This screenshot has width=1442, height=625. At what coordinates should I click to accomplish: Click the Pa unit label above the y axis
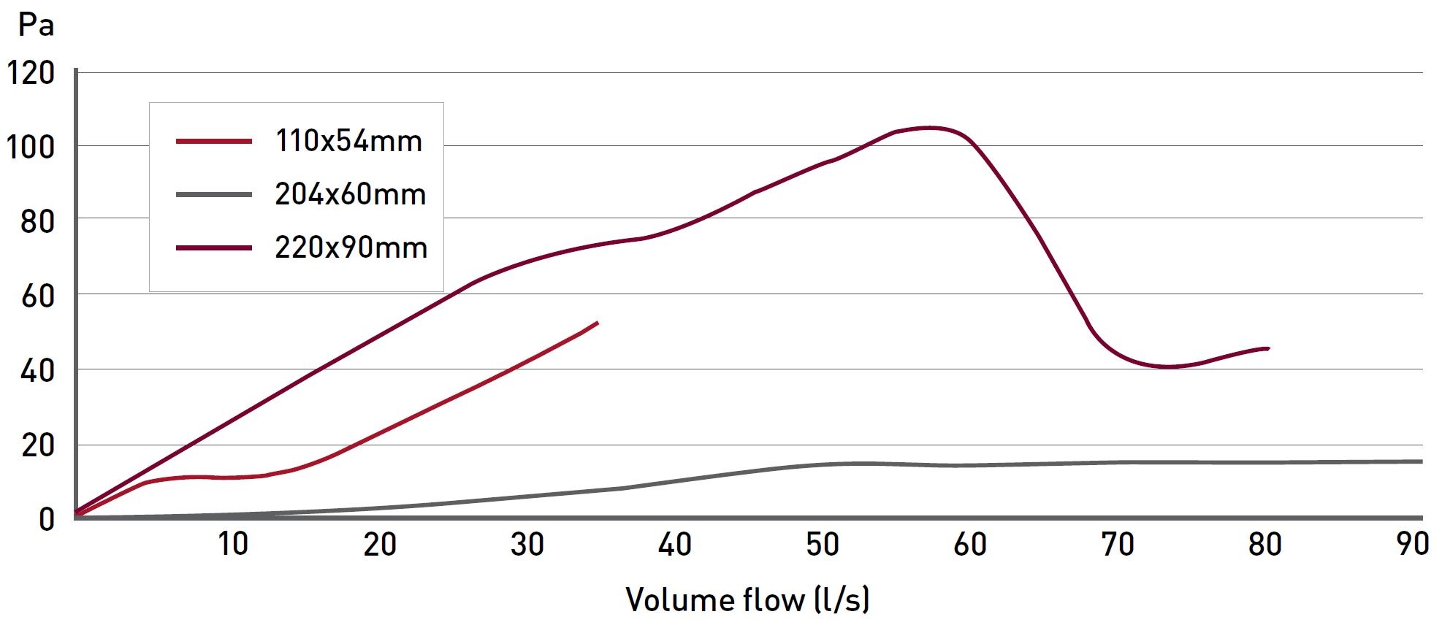(x=36, y=26)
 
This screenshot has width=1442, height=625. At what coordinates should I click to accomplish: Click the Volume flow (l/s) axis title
(x=747, y=599)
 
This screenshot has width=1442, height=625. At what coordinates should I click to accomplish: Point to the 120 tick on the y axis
(x=31, y=73)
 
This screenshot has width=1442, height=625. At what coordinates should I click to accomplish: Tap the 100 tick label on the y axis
(x=31, y=147)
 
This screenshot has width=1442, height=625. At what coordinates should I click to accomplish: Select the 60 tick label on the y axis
(x=38, y=296)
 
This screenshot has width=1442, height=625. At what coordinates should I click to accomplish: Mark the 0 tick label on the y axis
(x=47, y=519)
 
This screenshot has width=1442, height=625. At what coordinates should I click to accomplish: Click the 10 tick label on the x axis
(x=233, y=545)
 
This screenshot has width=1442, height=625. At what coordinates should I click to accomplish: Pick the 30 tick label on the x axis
(x=527, y=545)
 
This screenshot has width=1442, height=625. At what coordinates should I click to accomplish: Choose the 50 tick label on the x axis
(x=823, y=545)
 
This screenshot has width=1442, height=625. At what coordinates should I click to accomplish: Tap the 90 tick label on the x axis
(x=1412, y=545)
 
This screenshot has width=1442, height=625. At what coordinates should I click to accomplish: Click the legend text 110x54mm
(x=348, y=141)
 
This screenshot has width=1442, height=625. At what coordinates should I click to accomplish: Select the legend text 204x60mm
(x=350, y=194)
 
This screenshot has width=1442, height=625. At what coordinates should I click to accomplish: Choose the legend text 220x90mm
(x=351, y=248)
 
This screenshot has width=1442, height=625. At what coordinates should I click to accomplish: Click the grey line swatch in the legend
(x=213, y=195)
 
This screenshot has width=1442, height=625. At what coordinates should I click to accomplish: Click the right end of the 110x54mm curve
(x=597, y=323)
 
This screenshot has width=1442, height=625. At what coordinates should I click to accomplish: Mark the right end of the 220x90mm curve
(x=1268, y=348)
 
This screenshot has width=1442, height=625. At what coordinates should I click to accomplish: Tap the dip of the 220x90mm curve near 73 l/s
(x=1169, y=367)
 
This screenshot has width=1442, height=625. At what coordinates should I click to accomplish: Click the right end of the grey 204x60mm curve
(x=1421, y=461)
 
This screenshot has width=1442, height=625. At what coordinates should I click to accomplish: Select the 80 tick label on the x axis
(x=1264, y=545)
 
